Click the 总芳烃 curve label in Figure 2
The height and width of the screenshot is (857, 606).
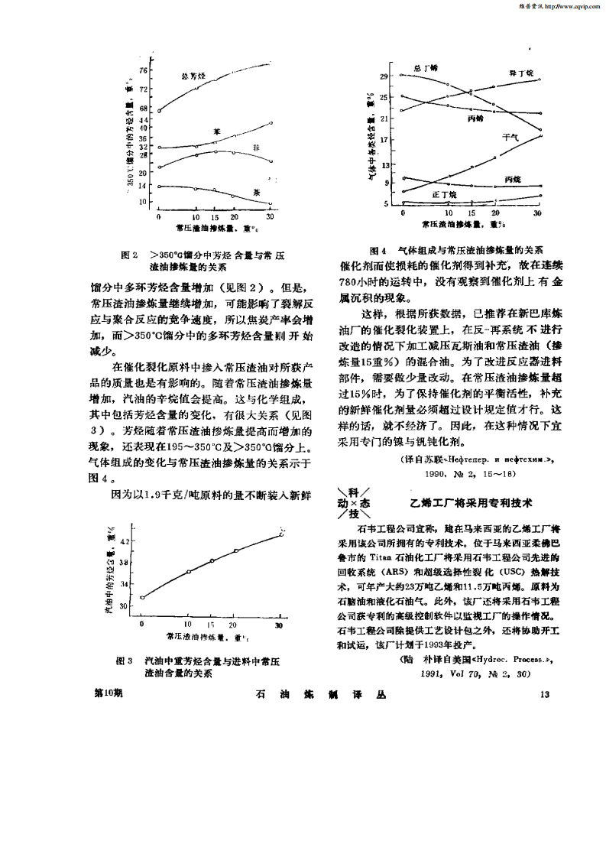pos(193,76)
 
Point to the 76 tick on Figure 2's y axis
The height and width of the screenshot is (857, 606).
pos(143,70)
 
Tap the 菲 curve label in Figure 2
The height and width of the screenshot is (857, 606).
pos(254,147)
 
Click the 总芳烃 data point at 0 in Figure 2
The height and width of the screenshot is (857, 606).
pos(159,111)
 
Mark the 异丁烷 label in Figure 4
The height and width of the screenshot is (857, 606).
pos(520,73)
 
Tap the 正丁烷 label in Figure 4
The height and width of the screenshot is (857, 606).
pos(444,196)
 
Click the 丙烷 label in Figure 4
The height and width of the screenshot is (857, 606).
pos(513,178)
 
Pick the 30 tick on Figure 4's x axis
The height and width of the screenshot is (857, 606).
pos(539,213)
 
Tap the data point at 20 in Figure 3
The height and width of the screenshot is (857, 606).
pos(236,550)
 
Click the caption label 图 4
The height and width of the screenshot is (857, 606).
pos(378,250)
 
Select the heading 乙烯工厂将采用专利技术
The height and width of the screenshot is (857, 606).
pos(470,502)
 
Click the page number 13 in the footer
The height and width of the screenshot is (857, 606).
pos(544,694)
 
